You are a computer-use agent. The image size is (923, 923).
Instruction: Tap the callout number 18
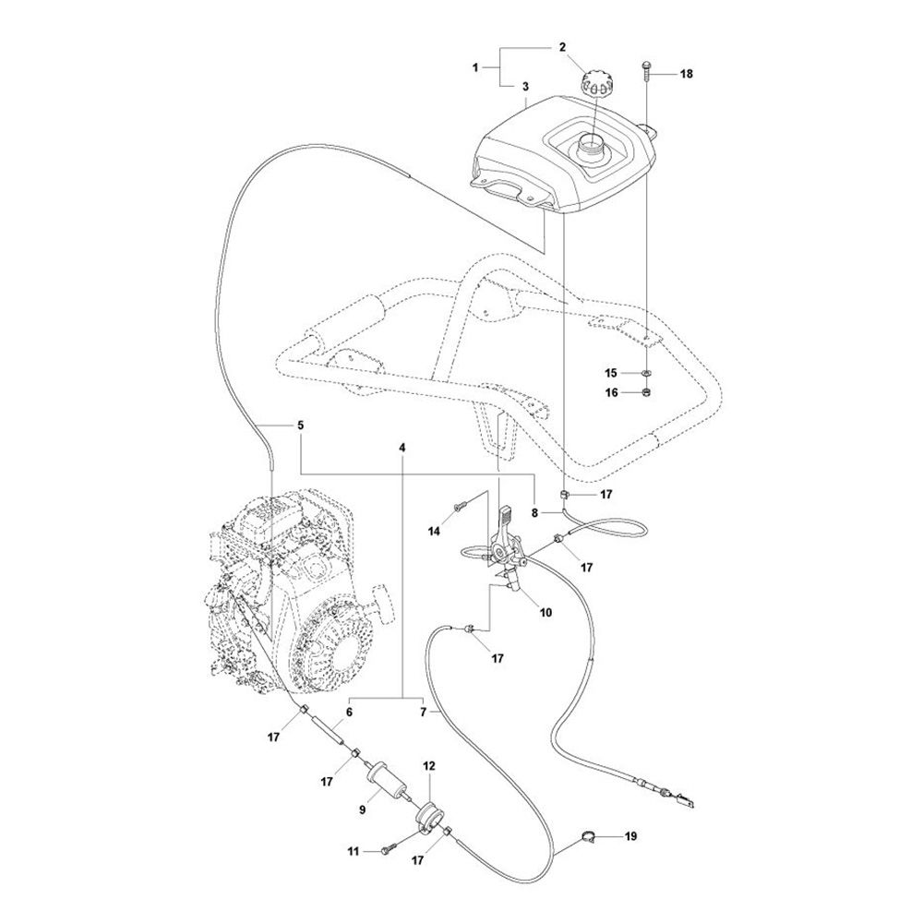coord(687,74)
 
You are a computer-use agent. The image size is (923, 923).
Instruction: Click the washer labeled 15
coord(646,373)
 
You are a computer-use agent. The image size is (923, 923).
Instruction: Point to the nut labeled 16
coord(646,392)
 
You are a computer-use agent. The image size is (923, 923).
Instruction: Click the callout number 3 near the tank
coord(525,87)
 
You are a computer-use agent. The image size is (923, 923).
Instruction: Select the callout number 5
coord(300,425)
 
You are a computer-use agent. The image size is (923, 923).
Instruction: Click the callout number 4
coord(402,448)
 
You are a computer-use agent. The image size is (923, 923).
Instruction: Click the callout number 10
coord(545,613)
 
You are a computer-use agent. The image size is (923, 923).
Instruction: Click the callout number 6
coord(349,713)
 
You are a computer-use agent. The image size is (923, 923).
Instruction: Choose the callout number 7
coord(423,713)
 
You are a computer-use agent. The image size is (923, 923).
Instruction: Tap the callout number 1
coord(475,67)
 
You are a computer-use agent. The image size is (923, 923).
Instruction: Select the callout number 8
coord(534,513)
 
